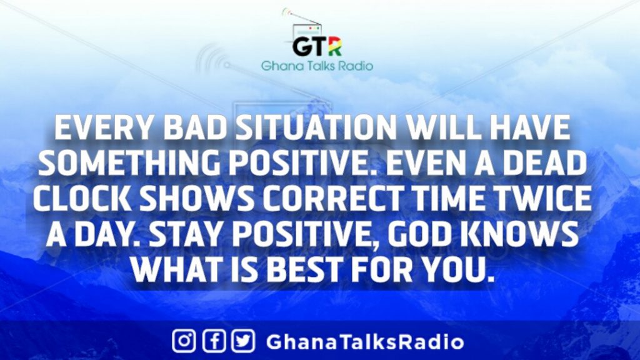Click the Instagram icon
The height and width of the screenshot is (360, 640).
(184, 341)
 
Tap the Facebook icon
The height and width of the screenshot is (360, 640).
(214, 341)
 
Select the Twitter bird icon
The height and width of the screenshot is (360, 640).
(244, 341)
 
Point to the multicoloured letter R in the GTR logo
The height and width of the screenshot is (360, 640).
(334, 46)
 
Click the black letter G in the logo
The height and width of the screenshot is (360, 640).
(302, 46)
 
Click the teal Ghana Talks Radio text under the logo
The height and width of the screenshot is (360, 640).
(317, 66)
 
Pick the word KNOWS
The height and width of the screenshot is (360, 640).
(522, 234)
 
